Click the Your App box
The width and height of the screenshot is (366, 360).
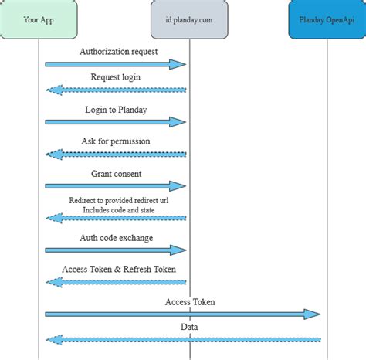click(39, 21)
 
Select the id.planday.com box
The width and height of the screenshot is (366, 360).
click(190, 21)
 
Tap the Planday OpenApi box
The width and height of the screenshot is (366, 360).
click(327, 21)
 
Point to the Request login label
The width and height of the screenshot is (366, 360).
click(116, 77)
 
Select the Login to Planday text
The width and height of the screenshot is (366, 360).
click(116, 109)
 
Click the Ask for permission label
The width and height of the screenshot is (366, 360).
click(116, 141)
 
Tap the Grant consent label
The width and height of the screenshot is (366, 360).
click(116, 174)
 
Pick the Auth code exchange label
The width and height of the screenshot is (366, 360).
click(116, 238)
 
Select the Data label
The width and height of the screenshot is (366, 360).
click(190, 327)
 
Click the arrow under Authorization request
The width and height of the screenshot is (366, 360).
click(116, 63)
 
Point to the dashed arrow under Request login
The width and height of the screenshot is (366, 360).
click(116, 90)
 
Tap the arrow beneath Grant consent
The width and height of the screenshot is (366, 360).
click(116, 186)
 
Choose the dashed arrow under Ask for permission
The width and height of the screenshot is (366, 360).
click(116, 154)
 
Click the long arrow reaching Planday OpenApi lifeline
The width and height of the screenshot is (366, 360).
click(183, 314)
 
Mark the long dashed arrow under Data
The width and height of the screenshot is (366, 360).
click(183, 339)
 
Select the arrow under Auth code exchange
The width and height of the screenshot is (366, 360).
click(116, 250)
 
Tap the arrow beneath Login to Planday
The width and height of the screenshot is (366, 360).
click(116, 121)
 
